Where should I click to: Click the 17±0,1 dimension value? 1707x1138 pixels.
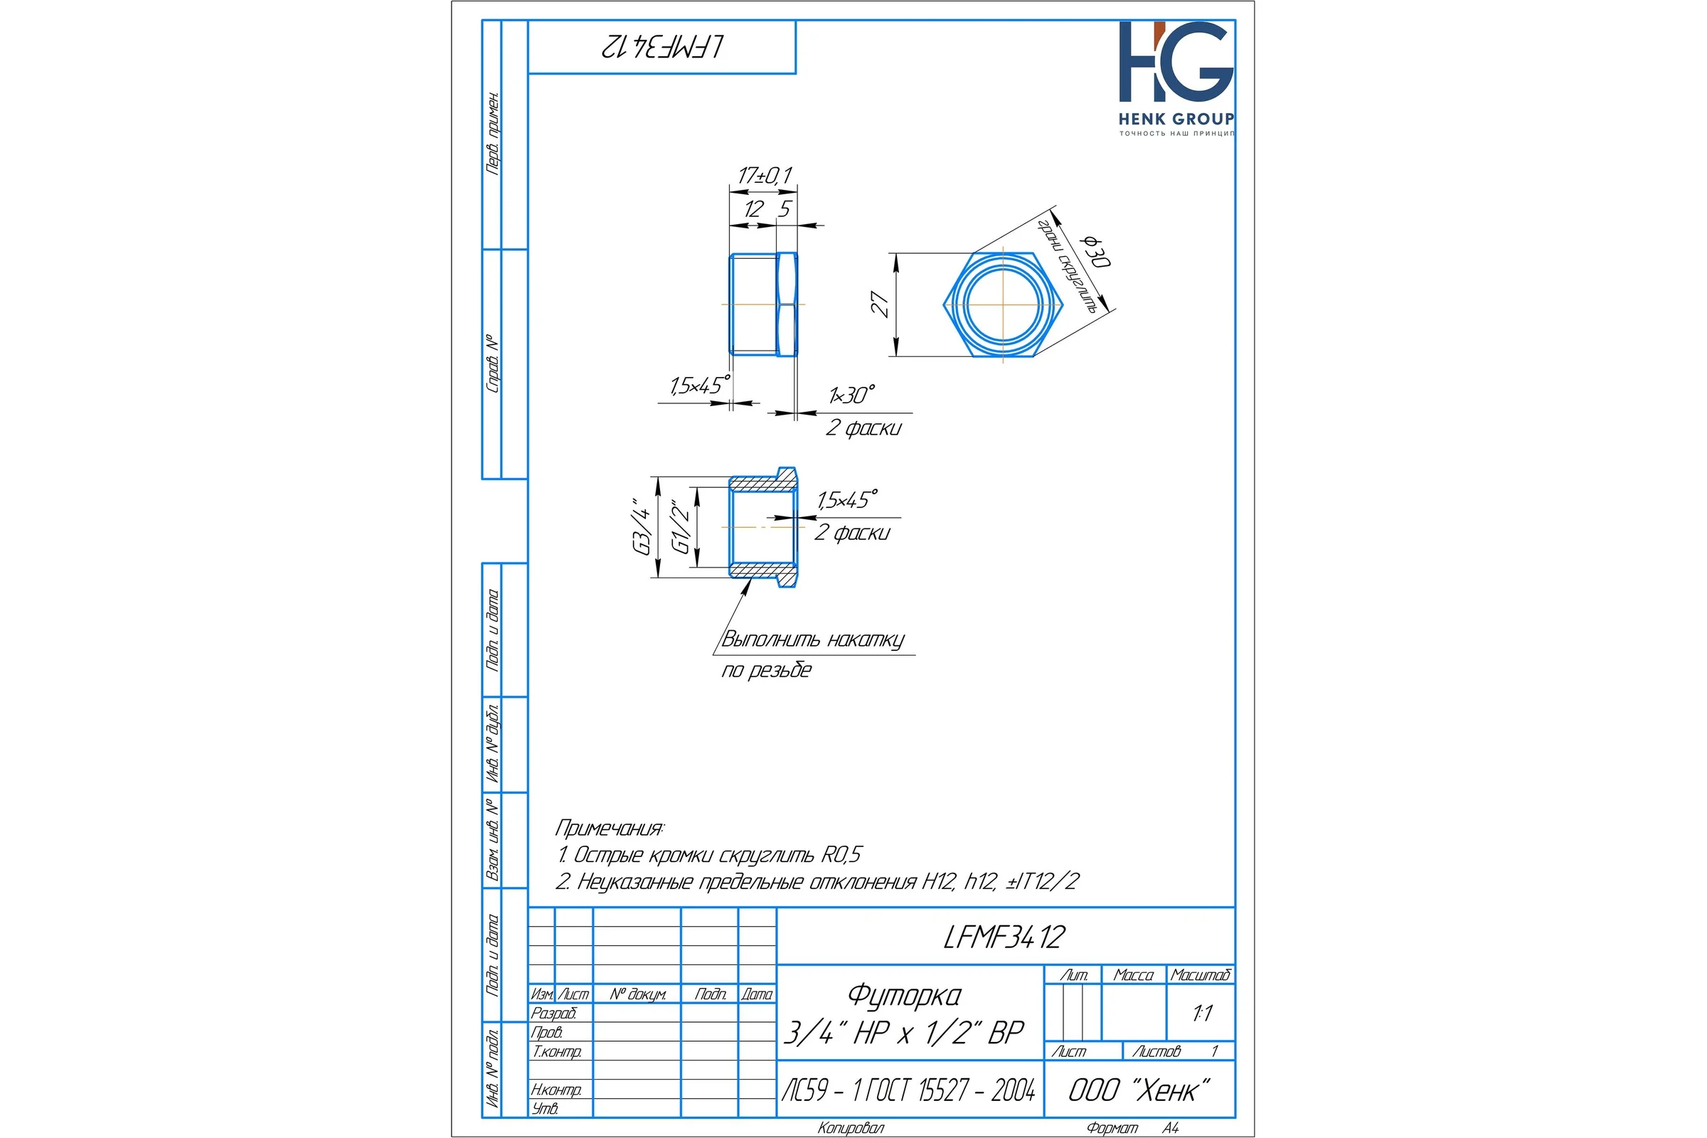[x=765, y=176]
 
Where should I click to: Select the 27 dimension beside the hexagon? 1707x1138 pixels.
[x=880, y=304]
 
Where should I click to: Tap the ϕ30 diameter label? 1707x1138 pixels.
[x=1096, y=250]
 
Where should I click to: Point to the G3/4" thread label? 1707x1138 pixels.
[x=643, y=527]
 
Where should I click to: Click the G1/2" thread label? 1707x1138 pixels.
[x=681, y=527]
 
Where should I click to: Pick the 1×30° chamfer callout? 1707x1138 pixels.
[x=852, y=395]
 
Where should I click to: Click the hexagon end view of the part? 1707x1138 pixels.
[x=1004, y=305]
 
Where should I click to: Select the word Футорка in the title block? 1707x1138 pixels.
[x=904, y=996]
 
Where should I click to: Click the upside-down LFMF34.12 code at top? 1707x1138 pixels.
[x=662, y=46]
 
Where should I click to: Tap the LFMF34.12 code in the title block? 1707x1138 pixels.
[x=1004, y=937]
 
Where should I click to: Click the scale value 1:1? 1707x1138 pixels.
[x=1203, y=1013]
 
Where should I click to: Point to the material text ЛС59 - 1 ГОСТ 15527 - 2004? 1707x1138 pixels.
[x=909, y=1090]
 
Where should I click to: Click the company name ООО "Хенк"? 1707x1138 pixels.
[x=1139, y=1090]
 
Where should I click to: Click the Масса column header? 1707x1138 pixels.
[x=1134, y=974]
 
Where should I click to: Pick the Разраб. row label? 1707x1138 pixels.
[x=554, y=1013]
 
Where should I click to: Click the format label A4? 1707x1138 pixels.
[x=1171, y=1128]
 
